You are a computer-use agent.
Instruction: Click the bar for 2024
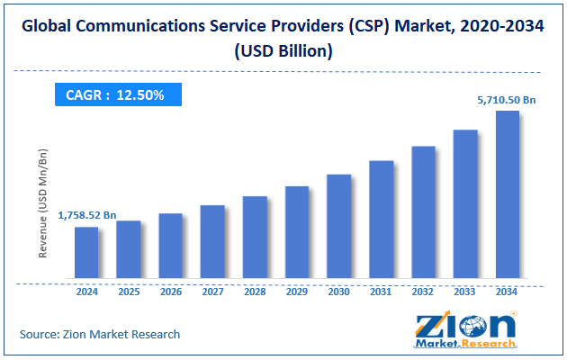click(x=86, y=252)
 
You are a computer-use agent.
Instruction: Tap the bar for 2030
click(x=338, y=226)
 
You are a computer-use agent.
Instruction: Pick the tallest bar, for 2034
click(x=507, y=194)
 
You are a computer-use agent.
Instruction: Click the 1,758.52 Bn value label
click(x=87, y=216)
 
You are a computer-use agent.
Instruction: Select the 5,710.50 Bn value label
click(x=507, y=101)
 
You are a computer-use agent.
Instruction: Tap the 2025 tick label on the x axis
click(x=129, y=292)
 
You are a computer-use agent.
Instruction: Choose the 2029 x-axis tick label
click(x=297, y=292)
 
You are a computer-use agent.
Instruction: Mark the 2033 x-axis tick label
click(x=465, y=292)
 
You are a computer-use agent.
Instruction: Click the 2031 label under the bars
click(x=381, y=292)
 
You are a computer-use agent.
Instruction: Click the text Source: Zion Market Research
click(x=100, y=334)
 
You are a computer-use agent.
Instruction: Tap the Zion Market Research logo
click(x=466, y=330)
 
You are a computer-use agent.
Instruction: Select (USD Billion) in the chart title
click(x=283, y=51)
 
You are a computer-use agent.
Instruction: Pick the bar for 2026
click(x=171, y=246)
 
